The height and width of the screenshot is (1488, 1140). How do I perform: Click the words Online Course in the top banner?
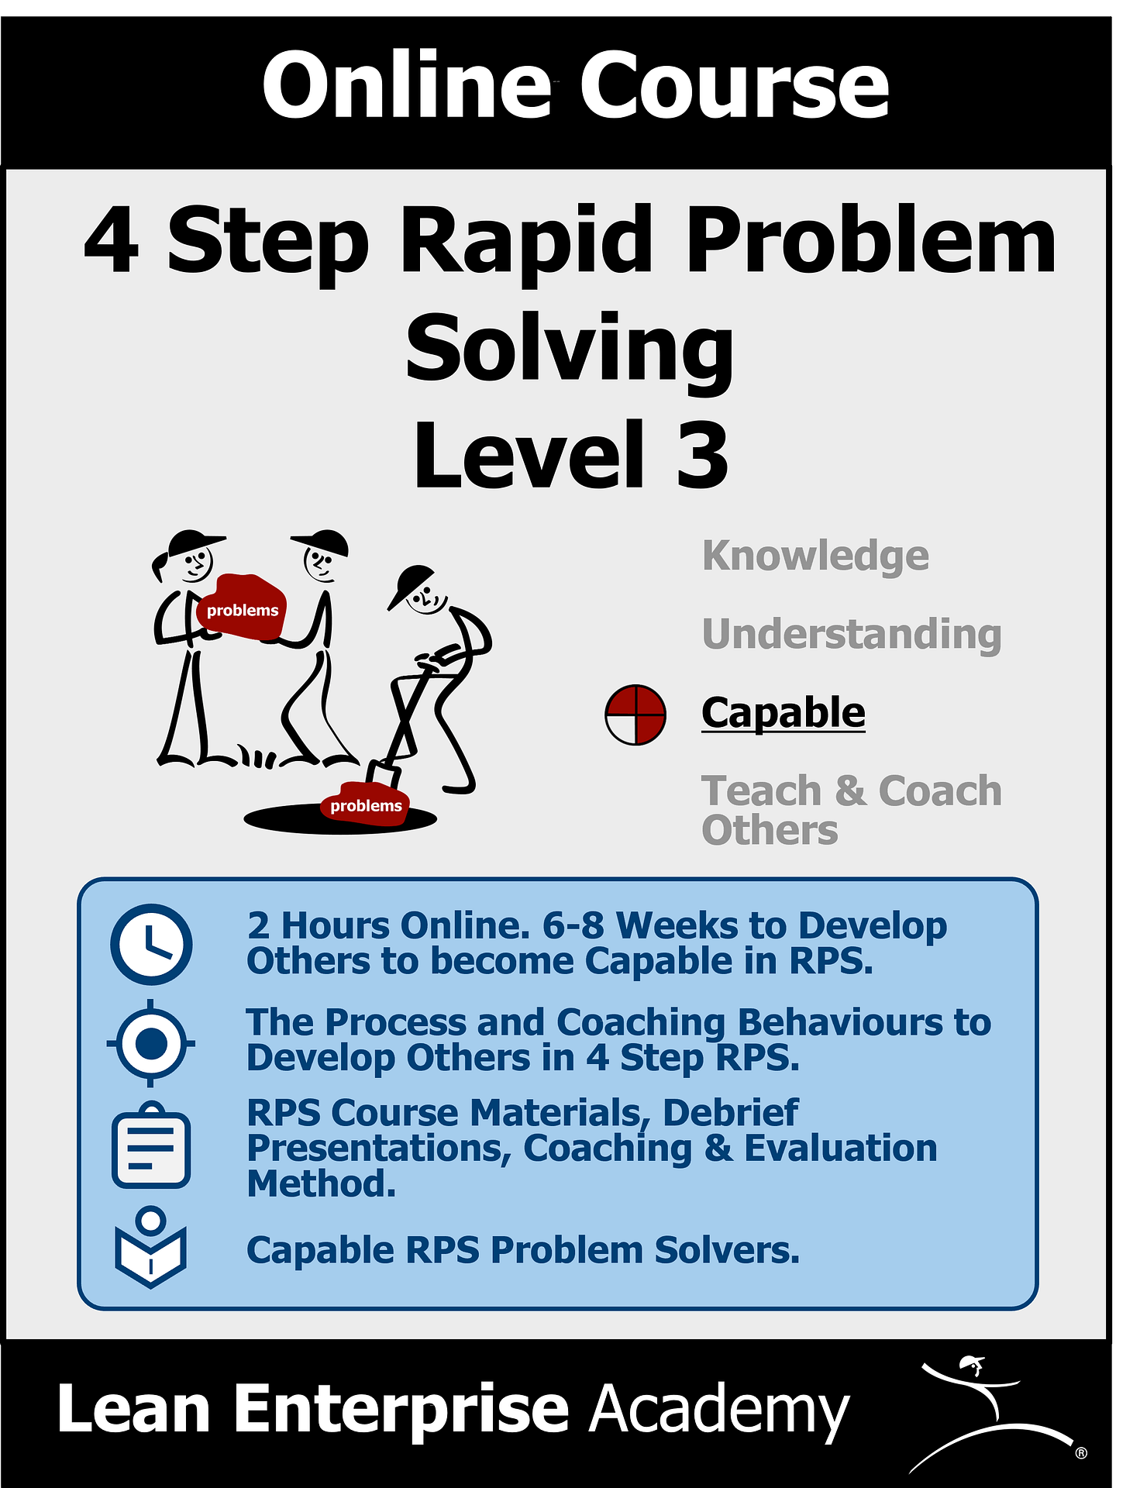click(575, 85)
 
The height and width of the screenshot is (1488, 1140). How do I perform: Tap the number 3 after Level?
click(702, 455)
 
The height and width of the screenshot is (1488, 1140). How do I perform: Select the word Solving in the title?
click(570, 349)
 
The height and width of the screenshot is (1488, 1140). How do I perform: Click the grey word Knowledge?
click(815, 556)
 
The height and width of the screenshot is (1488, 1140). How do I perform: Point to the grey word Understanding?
click(851, 634)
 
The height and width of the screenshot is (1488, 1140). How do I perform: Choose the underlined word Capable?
click(783, 712)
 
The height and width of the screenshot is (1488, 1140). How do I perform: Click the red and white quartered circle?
click(635, 715)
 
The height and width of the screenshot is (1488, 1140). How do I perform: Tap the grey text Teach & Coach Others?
click(851, 810)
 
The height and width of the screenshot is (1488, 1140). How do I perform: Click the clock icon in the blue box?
click(151, 944)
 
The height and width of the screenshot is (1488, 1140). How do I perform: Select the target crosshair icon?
click(151, 1043)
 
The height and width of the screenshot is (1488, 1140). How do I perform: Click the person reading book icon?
click(150, 1247)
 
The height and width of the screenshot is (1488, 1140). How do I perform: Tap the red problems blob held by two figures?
click(243, 609)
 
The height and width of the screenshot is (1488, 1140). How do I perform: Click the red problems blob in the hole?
click(365, 805)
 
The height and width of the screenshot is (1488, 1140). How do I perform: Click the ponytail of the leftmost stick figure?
click(160, 567)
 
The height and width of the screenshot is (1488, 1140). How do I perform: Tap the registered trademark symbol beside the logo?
click(1080, 1453)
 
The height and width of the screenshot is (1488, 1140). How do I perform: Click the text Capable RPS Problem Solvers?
click(523, 1250)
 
